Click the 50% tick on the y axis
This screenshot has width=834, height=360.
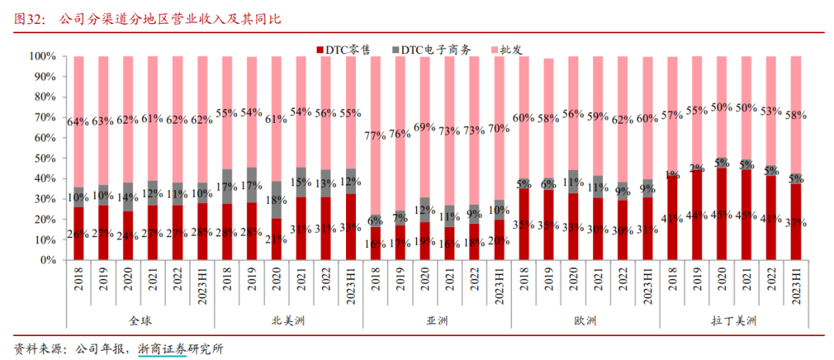click(x=42, y=158)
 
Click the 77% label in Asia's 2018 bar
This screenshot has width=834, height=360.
click(x=375, y=135)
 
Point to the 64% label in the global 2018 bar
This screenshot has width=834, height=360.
click(x=78, y=121)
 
